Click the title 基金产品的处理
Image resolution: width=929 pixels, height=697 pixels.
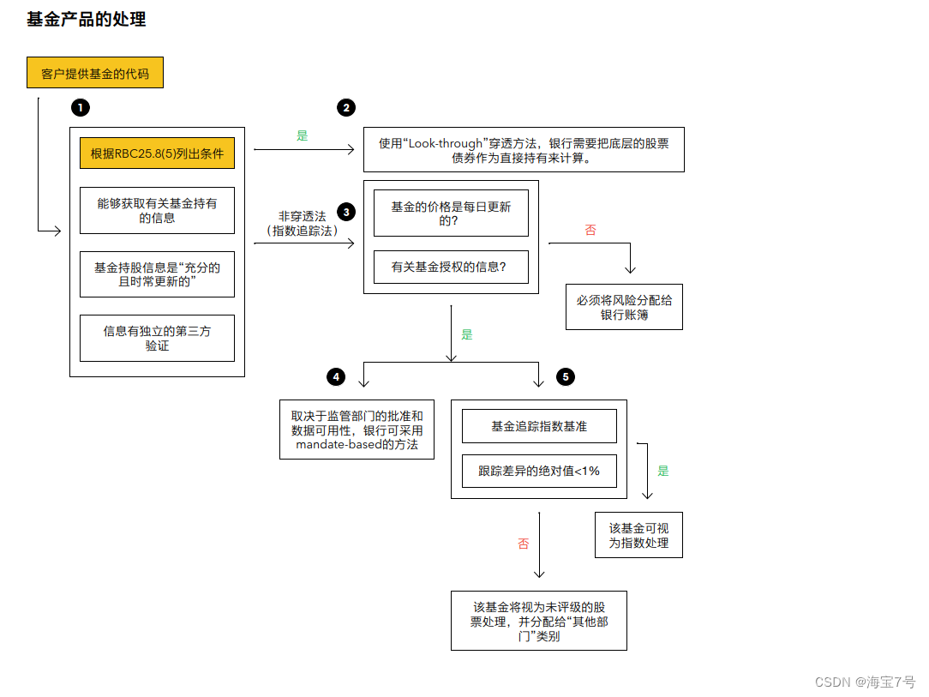(87, 20)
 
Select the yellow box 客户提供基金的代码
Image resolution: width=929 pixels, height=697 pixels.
(95, 74)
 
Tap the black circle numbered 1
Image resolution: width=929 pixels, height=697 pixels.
(81, 107)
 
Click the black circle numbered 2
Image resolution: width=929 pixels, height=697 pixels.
(346, 107)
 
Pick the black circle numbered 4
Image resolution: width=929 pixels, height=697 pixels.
(337, 377)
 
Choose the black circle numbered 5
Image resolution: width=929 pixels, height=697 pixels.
(565, 377)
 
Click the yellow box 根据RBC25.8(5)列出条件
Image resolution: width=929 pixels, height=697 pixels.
(157, 154)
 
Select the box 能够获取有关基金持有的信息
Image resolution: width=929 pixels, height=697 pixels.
(157, 211)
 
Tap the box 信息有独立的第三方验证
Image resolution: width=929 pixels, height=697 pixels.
(157, 338)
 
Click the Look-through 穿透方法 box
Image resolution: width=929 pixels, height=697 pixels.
(524, 150)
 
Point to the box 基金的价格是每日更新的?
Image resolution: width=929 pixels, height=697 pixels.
(451, 213)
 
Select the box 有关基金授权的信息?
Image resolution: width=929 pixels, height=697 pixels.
(451, 267)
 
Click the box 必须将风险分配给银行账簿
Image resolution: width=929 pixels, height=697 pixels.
(624, 307)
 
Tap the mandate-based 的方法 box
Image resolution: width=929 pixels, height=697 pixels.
(357, 430)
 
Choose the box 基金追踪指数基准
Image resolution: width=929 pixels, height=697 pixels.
(539, 426)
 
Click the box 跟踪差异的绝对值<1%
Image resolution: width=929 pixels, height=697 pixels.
(539, 471)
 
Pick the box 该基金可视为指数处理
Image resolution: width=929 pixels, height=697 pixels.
(638, 536)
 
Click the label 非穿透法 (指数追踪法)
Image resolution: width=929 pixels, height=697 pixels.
(302, 224)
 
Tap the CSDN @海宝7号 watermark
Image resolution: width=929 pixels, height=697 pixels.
(865, 682)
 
